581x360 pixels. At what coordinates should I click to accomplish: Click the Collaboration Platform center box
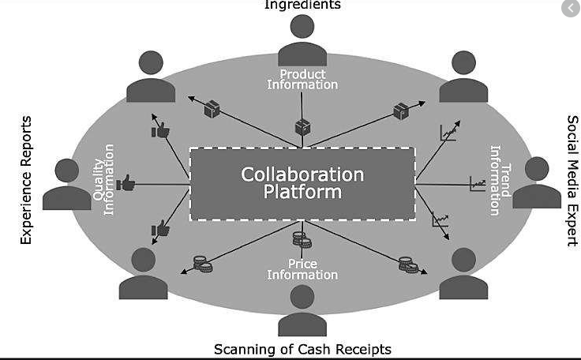pos(302,183)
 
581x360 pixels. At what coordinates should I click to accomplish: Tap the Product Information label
pos(302,80)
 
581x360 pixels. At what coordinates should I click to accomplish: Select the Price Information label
pos(302,269)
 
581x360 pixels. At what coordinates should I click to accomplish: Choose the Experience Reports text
pos(26,180)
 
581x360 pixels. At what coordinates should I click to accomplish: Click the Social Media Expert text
pos(572,180)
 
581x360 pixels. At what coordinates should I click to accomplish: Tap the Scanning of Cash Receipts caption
pos(302,349)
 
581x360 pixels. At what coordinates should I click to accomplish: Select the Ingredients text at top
pos(302,5)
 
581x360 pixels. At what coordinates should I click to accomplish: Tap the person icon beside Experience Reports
pos(67,185)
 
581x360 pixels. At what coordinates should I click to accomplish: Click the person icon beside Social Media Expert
pos(537,183)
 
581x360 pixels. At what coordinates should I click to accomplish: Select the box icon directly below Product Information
pos(302,126)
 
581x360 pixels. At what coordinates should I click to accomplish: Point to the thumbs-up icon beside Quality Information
pos(126,185)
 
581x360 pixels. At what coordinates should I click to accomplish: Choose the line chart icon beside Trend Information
pos(478,185)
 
